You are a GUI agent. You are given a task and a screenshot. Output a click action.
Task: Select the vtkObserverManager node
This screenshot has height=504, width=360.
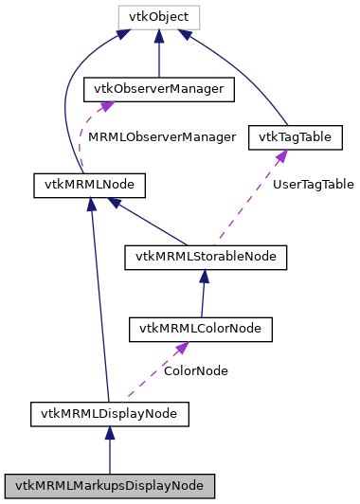[159, 89]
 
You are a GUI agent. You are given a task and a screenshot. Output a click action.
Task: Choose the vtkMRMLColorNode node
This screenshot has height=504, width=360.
[201, 329]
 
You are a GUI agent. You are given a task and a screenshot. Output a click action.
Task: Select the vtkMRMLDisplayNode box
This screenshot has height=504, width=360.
[110, 413]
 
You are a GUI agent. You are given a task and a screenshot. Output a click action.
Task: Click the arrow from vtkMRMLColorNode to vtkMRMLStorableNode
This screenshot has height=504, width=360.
[203, 293]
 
